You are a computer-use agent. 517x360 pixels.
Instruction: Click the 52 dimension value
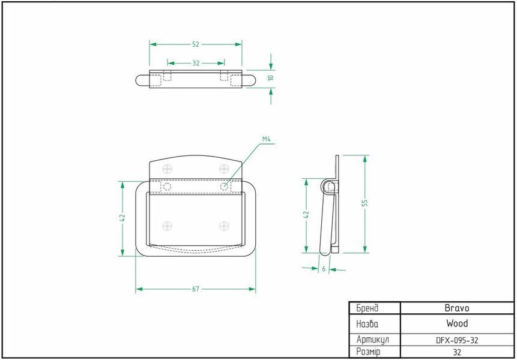coord(196,44)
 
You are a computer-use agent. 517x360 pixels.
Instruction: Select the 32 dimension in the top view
coord(196,63)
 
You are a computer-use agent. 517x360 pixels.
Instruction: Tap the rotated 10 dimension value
coord(271,78)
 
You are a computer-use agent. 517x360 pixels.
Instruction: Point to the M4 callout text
coord(267,139)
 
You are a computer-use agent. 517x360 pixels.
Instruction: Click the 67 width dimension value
coord(196,289)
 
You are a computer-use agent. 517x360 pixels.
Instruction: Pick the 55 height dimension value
coord(364,203)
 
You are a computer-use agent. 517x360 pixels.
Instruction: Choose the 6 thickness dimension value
coord(324,269)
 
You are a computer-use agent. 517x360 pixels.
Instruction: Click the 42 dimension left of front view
coord(122,218)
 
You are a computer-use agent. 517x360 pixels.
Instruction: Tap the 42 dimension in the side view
coord(306,214)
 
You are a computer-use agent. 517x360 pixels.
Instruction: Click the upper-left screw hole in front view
coord(168,169)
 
